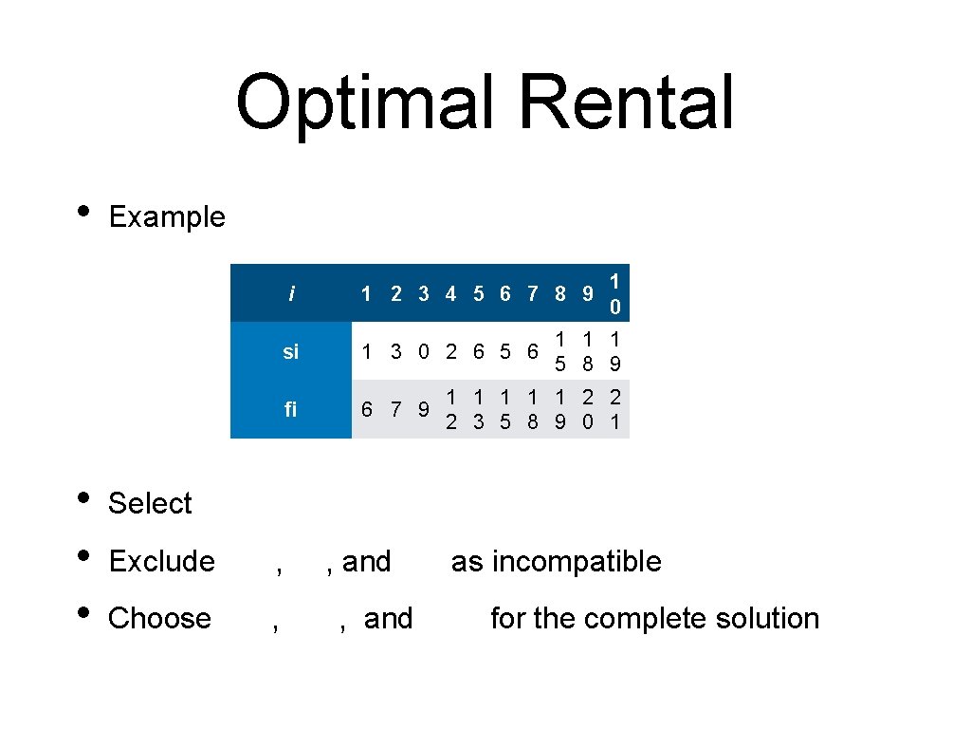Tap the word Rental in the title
[x=627, y=103]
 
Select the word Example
[x=167, y=217]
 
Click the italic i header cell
[x=290, y=294]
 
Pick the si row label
[x=290, y=352]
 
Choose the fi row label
[x=290, y=409]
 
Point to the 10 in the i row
[x=615, y=294]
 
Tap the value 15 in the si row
[x=560, y=352]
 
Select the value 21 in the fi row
[x=615, y=409]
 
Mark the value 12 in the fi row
[x=451, y=409]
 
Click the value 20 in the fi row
[x=588, y=409]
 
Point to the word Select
[x=150, y=503]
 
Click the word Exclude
[x=161, y=561]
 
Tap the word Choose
[x=159, y=618]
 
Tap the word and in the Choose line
[x=388, y=618]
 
